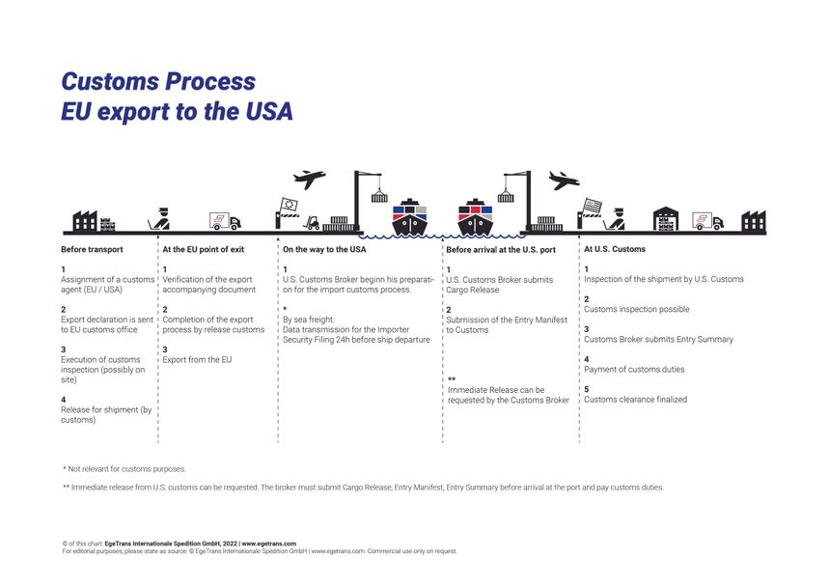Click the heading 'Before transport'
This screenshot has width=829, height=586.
tap(92, 250)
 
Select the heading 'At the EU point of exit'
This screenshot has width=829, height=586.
tap(203, 250)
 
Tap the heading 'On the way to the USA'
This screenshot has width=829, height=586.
tap(323, 250)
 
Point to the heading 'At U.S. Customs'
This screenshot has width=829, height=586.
tap(615, 249)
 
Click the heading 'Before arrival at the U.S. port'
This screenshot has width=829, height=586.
tap(501, 250)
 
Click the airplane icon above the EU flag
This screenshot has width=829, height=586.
tap(309, 180)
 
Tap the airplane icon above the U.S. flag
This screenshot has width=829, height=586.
tap(563, 181)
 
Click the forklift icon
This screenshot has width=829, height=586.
tap(312, 223)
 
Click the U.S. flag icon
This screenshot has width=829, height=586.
tap(591, 206)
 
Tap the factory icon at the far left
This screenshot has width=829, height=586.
tap(85, 222)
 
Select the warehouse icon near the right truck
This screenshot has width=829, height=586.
tap(666, 220)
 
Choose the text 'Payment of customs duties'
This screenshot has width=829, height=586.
tap(633, 370)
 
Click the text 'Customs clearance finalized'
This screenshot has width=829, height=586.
tap(635, 400)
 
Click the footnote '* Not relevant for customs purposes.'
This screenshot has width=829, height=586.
tap(124, 469)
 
